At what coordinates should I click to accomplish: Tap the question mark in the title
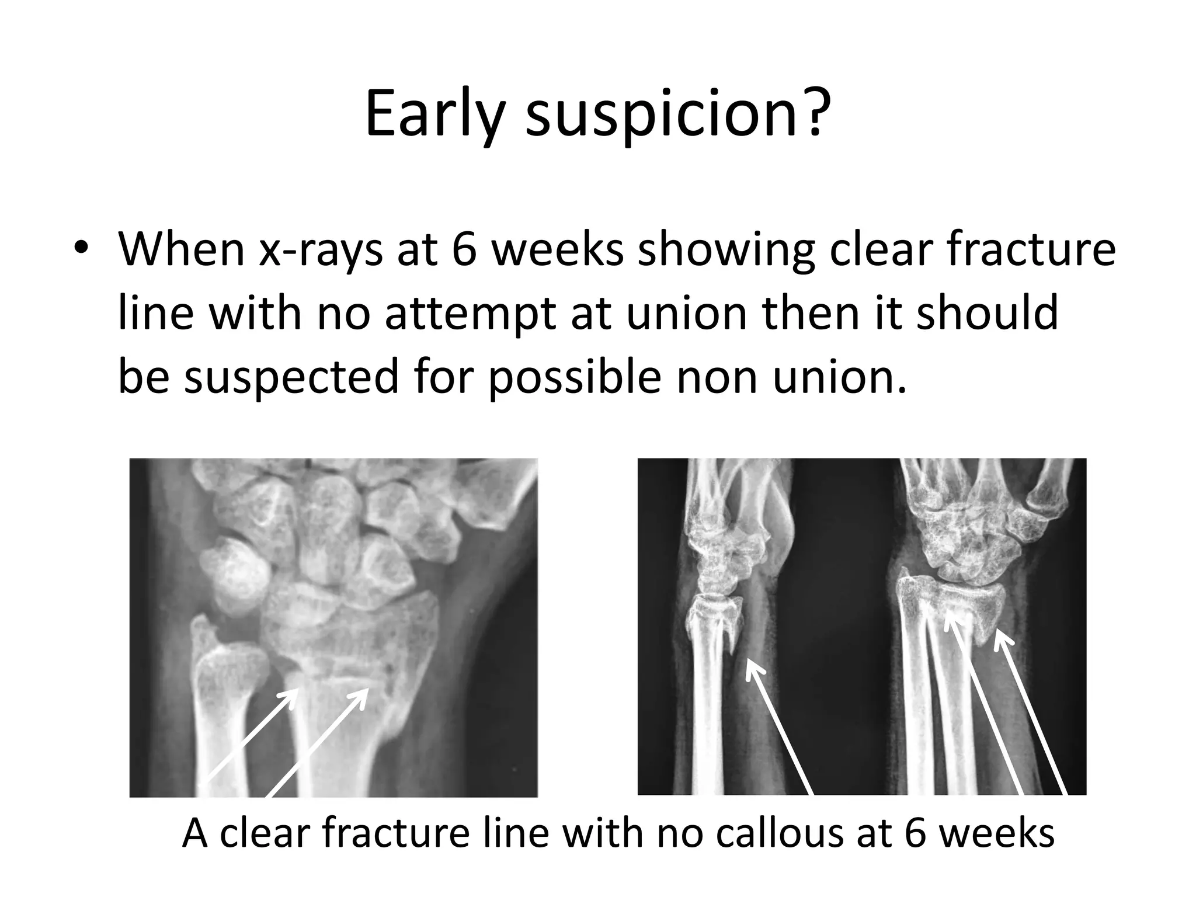pyautogui.click(x=812, y=111)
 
